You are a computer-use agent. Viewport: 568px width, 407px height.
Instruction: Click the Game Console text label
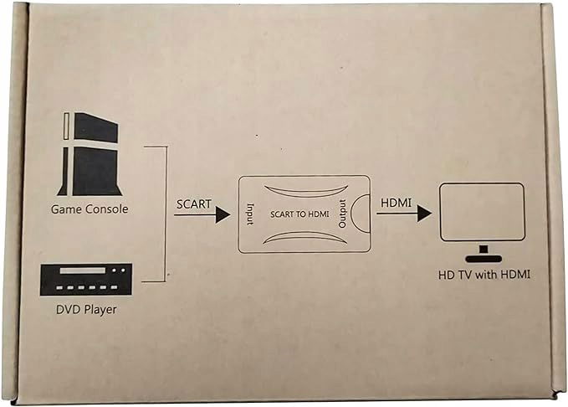click(x=90, y=209)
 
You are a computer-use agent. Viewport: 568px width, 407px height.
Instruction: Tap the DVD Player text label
click(x=86, y=309)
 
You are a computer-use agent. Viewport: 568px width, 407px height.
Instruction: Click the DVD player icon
click(x=86, y=280)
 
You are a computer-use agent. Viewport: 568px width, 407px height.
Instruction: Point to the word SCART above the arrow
click(x=194, y=204)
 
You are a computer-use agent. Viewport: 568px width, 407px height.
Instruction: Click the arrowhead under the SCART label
click(x=223, y=214)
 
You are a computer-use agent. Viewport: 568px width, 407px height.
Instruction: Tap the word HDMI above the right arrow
click(x=396, y=203)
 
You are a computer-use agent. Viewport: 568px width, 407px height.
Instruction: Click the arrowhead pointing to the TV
click(x=424, y=214)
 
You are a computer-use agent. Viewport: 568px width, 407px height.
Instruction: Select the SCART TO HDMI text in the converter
click(x=299, y=214)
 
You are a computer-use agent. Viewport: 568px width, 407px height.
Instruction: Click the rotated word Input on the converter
click(x=250, y=214)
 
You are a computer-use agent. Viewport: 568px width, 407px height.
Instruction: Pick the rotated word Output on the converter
click(x=342, y=214)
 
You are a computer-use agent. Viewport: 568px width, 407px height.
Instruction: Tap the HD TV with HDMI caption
click(x=484, y=275)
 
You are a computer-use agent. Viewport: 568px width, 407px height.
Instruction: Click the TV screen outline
click(x=482, y=183)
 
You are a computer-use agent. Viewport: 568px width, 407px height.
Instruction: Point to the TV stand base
click(x=484, y=259)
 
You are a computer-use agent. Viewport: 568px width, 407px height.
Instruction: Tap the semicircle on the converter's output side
click(x=351, y=214)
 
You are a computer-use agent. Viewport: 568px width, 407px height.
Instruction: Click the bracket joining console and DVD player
click(x=166, y=214)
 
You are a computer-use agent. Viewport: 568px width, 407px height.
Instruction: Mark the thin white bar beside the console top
click(x=66, y=126)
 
